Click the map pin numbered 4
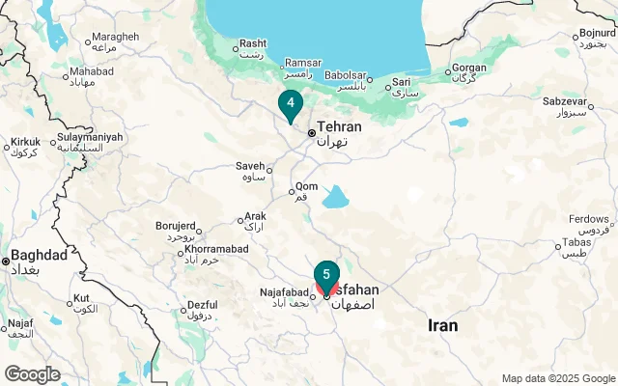point(290,102)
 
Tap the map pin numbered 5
point(326,274)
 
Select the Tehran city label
point(339,127)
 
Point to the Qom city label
point(305,187)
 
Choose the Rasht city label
point(253,43)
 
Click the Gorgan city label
point(470,69)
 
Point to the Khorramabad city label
point(216,249)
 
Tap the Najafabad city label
point(284,292)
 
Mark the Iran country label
point(442,326)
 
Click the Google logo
point(31,374)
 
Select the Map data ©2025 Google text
point(557,378)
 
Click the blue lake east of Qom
point(335,198)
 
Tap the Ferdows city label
point(590,219)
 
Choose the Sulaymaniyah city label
point(90,137)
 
